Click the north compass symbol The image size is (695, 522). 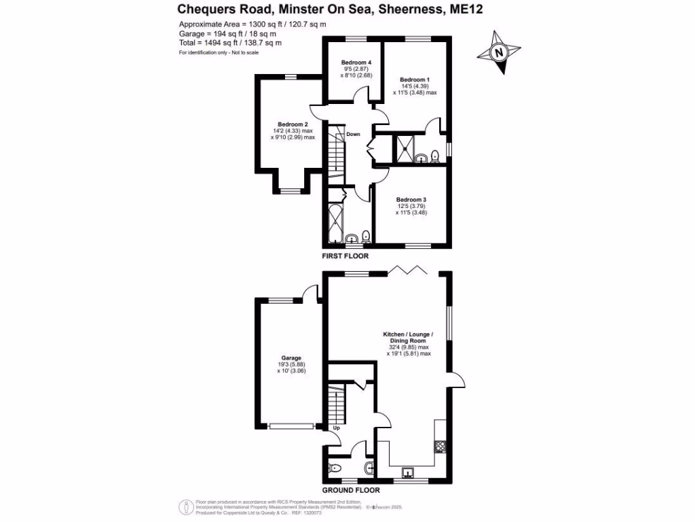tap(499, 52)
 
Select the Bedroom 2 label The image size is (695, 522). tap(293, 124)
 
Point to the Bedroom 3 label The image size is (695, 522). tap(411, 199)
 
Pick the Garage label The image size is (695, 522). tap(292, 358)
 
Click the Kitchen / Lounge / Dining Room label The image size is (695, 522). tap(408, 334)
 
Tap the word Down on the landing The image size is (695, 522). tap(353, 135)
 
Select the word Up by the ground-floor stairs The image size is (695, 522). tap(335, 428)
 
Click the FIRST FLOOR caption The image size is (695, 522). tap(345, 256)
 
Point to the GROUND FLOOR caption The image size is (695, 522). tap(350, 490)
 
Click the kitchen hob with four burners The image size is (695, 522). tap(439, 447)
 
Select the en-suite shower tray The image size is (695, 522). tap(405, 147)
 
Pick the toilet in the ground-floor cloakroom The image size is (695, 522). tap(333, 468)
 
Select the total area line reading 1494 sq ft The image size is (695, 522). tap(230, 42)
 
